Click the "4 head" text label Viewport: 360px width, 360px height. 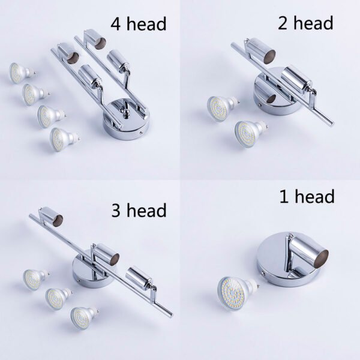(139, 24)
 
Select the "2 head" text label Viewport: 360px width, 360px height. (305, 23)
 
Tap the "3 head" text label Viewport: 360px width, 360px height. (139, 210)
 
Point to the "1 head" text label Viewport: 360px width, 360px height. (307, 196)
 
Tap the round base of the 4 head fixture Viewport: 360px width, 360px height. (126, 120)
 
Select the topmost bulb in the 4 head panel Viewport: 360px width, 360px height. (21, 73)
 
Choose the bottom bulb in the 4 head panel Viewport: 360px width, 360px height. (64, 139)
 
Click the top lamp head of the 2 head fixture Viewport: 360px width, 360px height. (261, 51)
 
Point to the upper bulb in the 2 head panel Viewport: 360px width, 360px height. (222, 108)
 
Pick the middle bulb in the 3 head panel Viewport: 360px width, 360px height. (58, 298)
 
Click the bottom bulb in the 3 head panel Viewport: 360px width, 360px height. (83, 317)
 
